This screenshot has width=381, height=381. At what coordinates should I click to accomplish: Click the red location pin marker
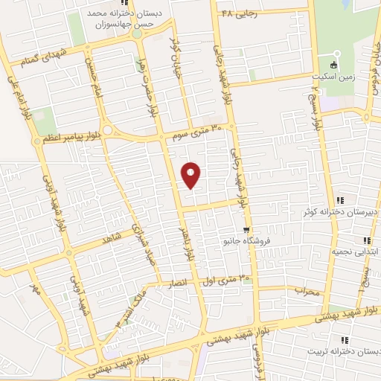click(192, 175)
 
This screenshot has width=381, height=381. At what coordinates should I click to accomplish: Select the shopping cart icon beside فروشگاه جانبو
click(246, 229)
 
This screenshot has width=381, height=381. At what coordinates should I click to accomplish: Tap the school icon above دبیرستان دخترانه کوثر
click(340, 200)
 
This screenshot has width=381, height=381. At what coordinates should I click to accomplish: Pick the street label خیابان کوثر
click(176, 50)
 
